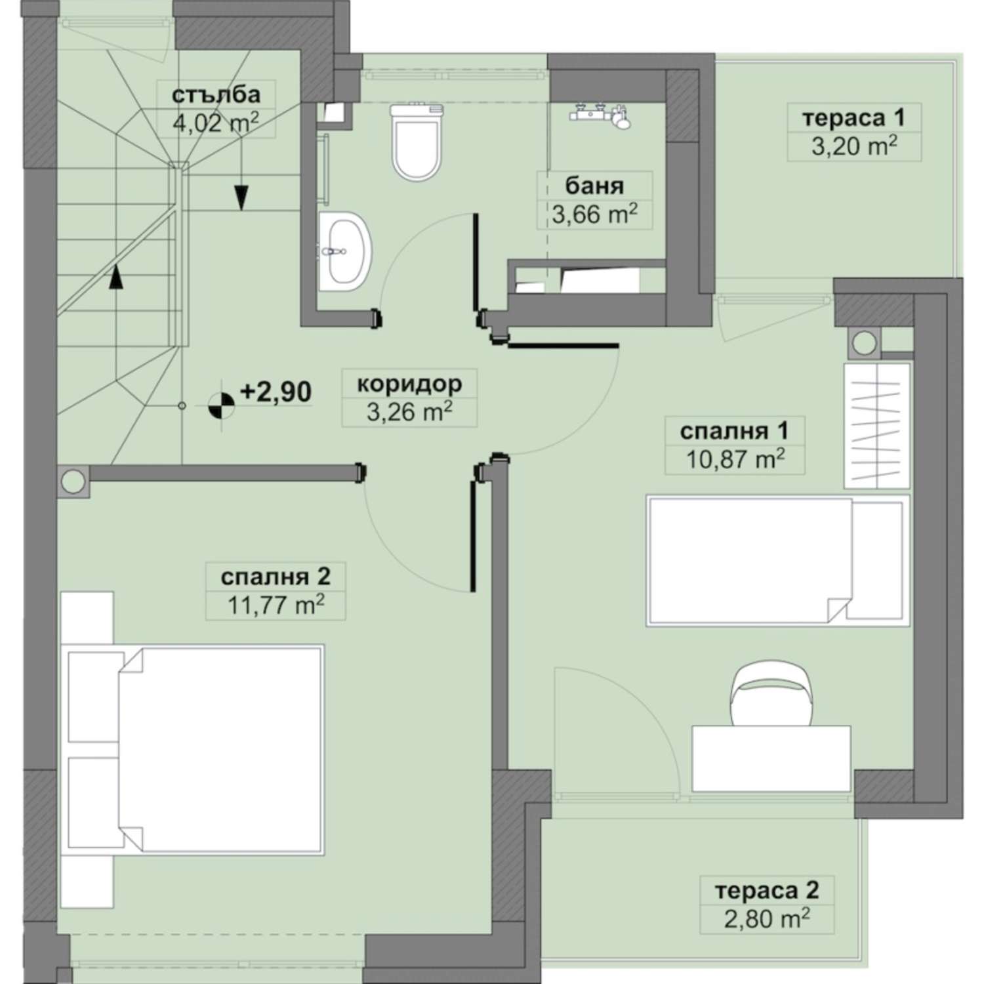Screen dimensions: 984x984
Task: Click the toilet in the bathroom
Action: coord(416,142)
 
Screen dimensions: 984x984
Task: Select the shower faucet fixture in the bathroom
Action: coord(601,115)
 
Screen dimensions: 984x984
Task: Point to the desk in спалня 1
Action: coord(771,758)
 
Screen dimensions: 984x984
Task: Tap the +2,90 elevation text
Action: coord(276,392)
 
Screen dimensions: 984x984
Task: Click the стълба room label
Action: coord(216,94)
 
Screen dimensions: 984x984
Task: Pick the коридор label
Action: coord(409,384)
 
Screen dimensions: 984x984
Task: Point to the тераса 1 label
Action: coord(854,118)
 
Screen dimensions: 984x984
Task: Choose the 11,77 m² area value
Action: coord(276,604)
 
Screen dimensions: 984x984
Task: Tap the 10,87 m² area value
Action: coord(735,459)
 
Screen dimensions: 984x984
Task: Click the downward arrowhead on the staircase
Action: coord(241,197)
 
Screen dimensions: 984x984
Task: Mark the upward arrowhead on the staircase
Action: coord(115,276)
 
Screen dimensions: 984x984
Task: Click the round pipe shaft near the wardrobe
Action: coord(865,342)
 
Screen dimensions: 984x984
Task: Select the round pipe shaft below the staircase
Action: coord(73,482)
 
